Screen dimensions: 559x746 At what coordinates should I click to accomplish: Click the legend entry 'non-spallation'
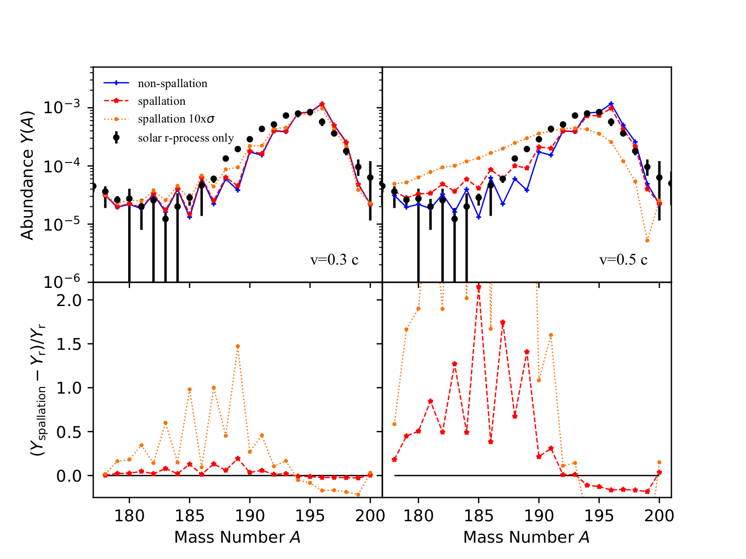pos(173,83)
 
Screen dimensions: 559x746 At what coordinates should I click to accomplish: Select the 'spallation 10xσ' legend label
pos(176,119)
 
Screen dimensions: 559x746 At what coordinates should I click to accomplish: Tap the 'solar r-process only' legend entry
pos(186,138)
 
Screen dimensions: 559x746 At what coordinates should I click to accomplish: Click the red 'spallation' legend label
pos(161,101)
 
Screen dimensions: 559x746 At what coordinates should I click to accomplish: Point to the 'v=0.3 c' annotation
pos(334,259)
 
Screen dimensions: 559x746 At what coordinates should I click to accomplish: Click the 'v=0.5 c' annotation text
pos(623,259)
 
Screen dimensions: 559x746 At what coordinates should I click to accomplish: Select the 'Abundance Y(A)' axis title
pos(28,175)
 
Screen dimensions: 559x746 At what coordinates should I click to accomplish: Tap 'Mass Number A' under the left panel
pos(237,538)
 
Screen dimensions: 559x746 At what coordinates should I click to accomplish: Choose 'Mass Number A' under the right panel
pos(526,538)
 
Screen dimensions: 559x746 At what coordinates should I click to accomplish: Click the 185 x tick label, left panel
pos(189,516)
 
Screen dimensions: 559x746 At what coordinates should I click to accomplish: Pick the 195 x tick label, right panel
pos(599,516)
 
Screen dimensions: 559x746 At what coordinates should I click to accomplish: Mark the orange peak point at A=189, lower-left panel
pos(238,346)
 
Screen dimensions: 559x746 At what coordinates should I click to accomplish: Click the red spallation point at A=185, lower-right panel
pos(478,287)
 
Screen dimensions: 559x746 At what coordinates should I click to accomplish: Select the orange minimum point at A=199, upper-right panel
pos(647,240)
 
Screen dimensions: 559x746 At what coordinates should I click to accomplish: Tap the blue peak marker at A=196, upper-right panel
pos(611,104)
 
